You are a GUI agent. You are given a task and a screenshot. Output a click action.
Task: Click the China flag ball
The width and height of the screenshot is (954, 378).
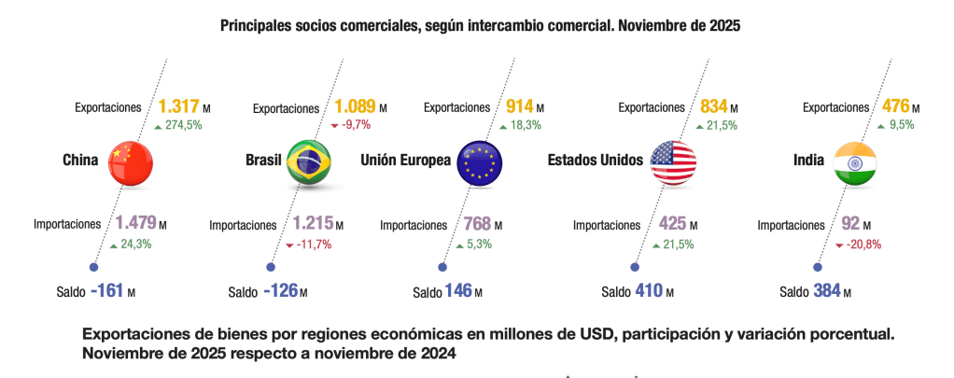[x=131, y=161]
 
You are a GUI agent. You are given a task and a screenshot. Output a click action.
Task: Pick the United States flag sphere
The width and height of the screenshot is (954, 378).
[x=673, y=161]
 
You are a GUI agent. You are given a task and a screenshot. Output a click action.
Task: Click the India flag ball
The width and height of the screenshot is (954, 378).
[x=853, y=161]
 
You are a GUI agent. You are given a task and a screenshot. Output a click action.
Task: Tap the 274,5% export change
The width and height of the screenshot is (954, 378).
[x=184, y=126]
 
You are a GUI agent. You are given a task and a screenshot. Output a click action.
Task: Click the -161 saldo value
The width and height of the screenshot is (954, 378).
[x=107, y=291]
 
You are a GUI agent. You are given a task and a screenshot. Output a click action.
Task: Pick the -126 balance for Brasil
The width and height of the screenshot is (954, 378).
[x=280, y=291]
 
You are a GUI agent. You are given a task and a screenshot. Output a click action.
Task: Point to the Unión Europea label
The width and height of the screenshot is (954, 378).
[x=406, y=161]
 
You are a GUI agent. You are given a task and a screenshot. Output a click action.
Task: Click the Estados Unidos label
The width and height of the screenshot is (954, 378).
[x=595, y=161]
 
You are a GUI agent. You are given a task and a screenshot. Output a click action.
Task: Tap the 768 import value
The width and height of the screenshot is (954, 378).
[x=478, y=225]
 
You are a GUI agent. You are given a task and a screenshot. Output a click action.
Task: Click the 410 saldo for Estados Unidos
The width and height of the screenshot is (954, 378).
[x=648, y=291]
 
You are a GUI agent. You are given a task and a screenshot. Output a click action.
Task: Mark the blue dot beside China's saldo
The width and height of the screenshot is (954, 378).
[x=93, y=266]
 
